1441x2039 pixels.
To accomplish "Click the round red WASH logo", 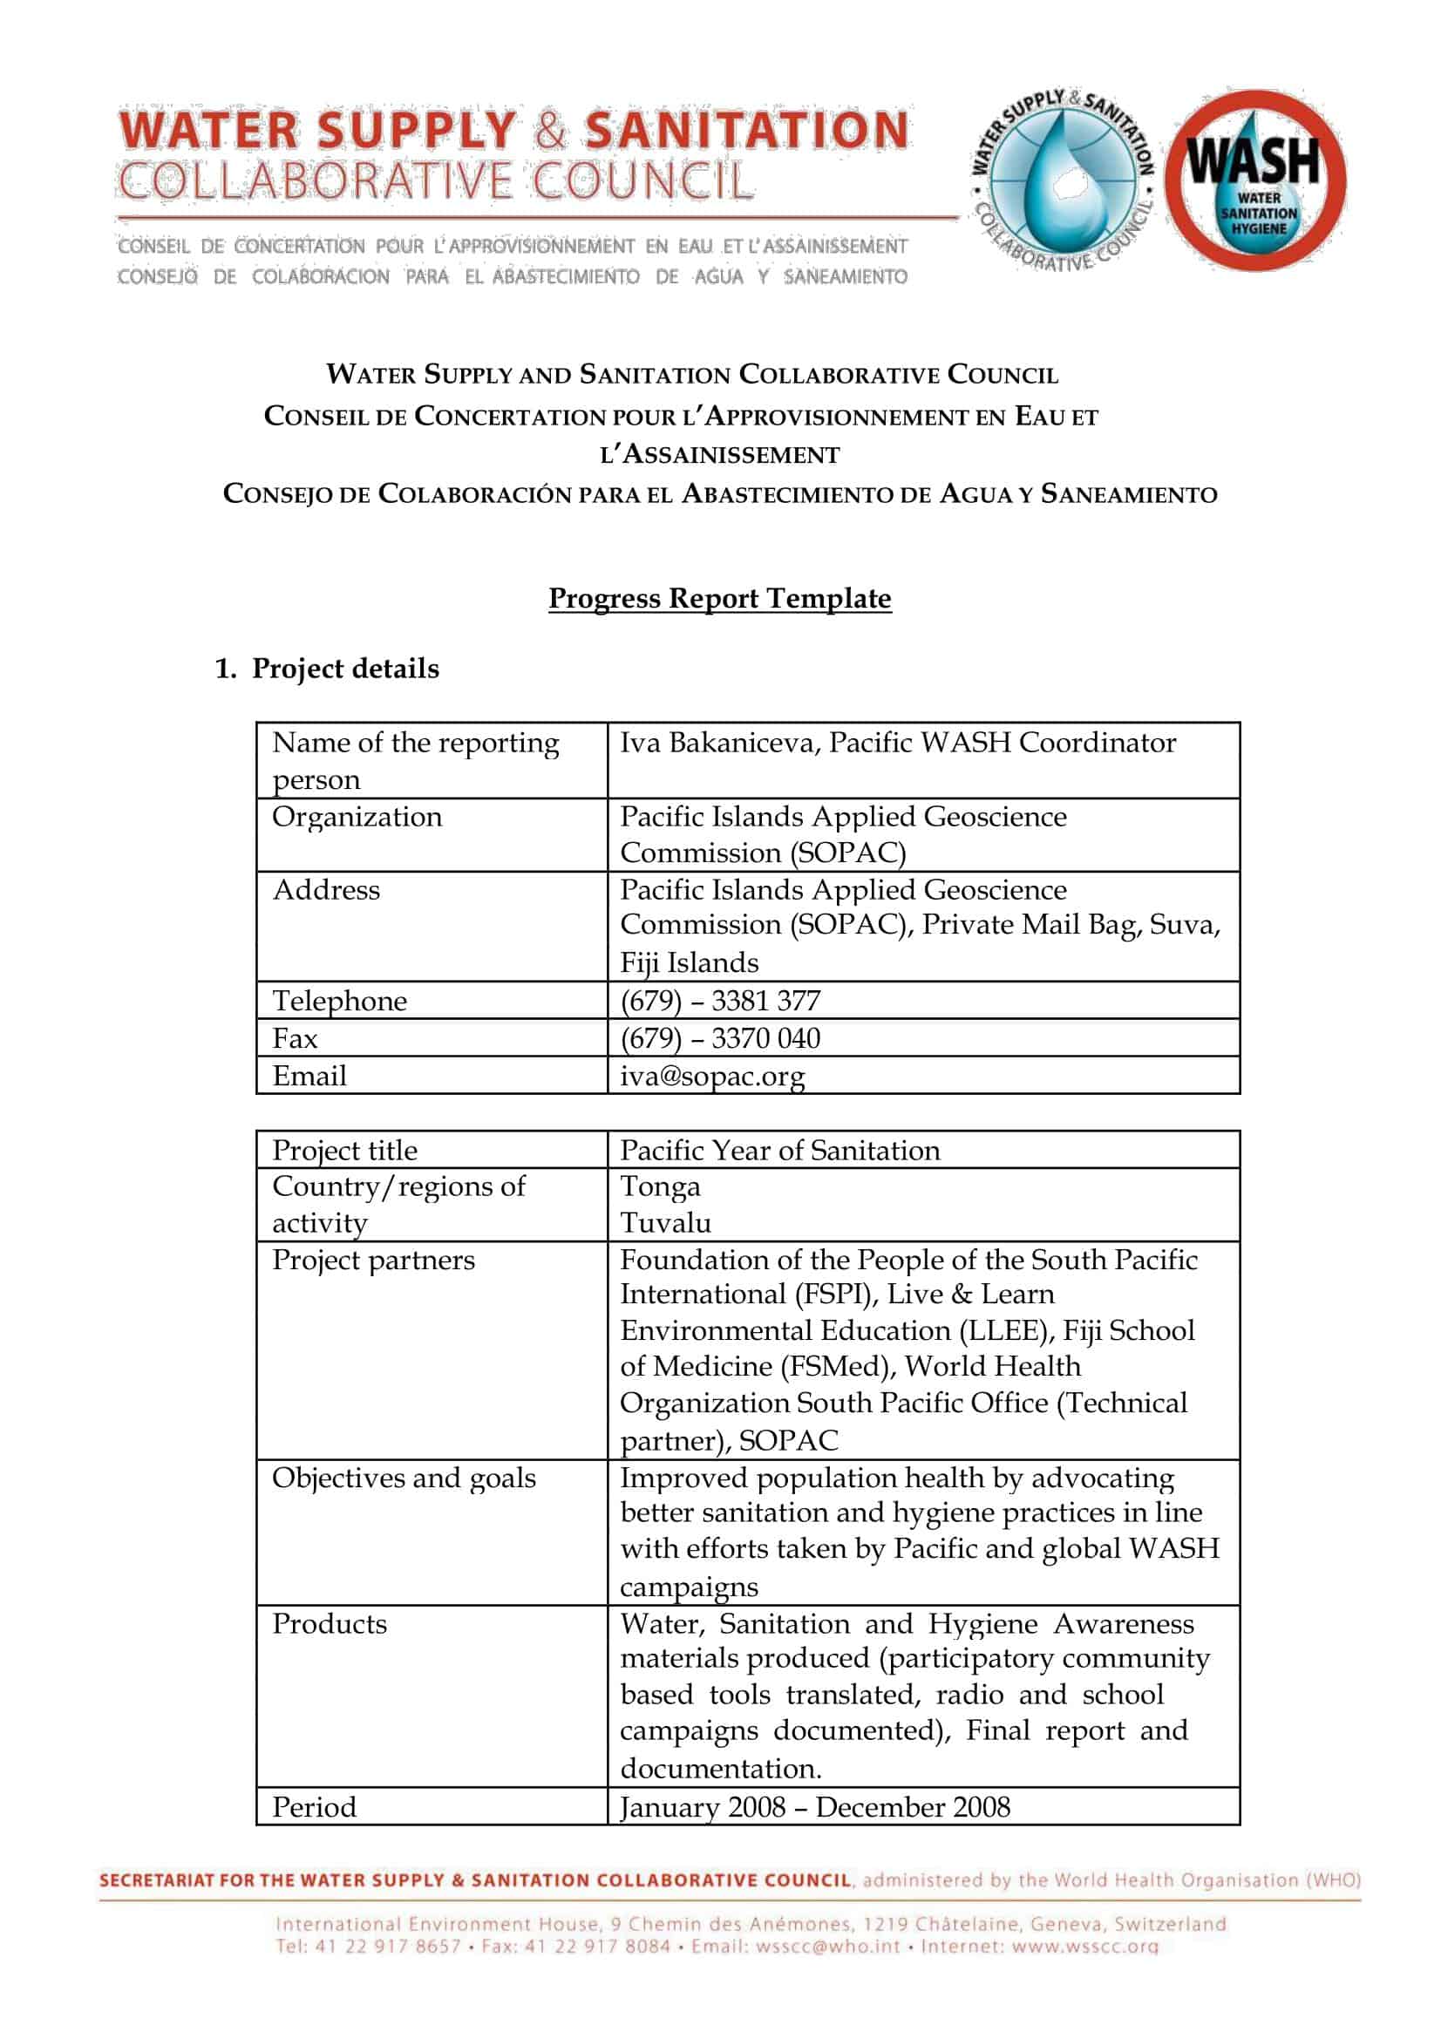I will [1255, 180].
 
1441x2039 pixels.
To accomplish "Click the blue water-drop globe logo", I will [1061, 180].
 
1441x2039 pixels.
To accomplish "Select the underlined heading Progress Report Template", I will [719, 599].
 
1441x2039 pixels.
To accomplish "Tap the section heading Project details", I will [344, 669].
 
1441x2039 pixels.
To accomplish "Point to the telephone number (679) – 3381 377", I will [719, 1001].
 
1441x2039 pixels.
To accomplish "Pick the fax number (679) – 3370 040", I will [719, 1038].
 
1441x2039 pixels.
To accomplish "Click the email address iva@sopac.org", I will [712, 1076].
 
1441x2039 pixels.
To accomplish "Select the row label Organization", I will [357, 817].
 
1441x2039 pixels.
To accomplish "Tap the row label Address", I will [326, 890].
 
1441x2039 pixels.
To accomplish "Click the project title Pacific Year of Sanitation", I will [779, 1150].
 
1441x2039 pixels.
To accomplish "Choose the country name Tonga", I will [660, 1186].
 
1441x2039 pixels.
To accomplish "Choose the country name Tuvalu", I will [665, 1223].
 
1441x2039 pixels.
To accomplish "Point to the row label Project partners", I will [373, 1261].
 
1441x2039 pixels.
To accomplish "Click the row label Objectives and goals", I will [404, 1478].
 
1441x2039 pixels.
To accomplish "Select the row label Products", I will [330, 1623].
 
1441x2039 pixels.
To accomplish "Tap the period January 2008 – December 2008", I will [814, 1807].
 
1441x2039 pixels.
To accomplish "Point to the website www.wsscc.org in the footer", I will [1085, 1947].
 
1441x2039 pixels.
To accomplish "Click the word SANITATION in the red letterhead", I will [747, 130].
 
